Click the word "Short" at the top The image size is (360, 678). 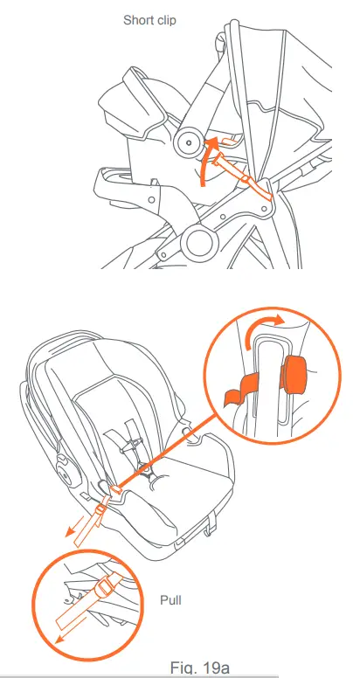(x=137, y=18)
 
